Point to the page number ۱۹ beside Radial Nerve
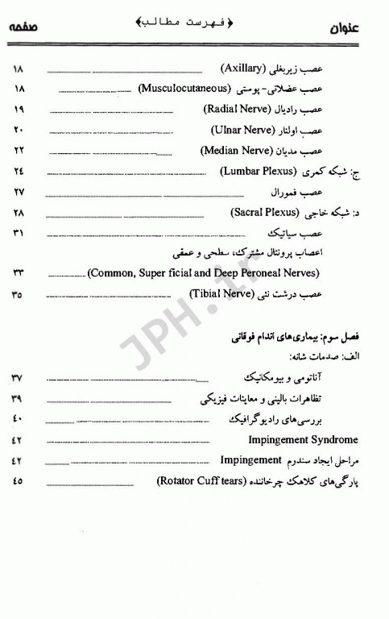tap(19, 109)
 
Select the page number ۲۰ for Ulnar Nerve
tap(19, 130)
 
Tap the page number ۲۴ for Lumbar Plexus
tap(19, 172)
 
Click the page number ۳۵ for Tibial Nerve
tap(18, 295)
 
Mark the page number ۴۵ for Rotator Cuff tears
tap(18, 483)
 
